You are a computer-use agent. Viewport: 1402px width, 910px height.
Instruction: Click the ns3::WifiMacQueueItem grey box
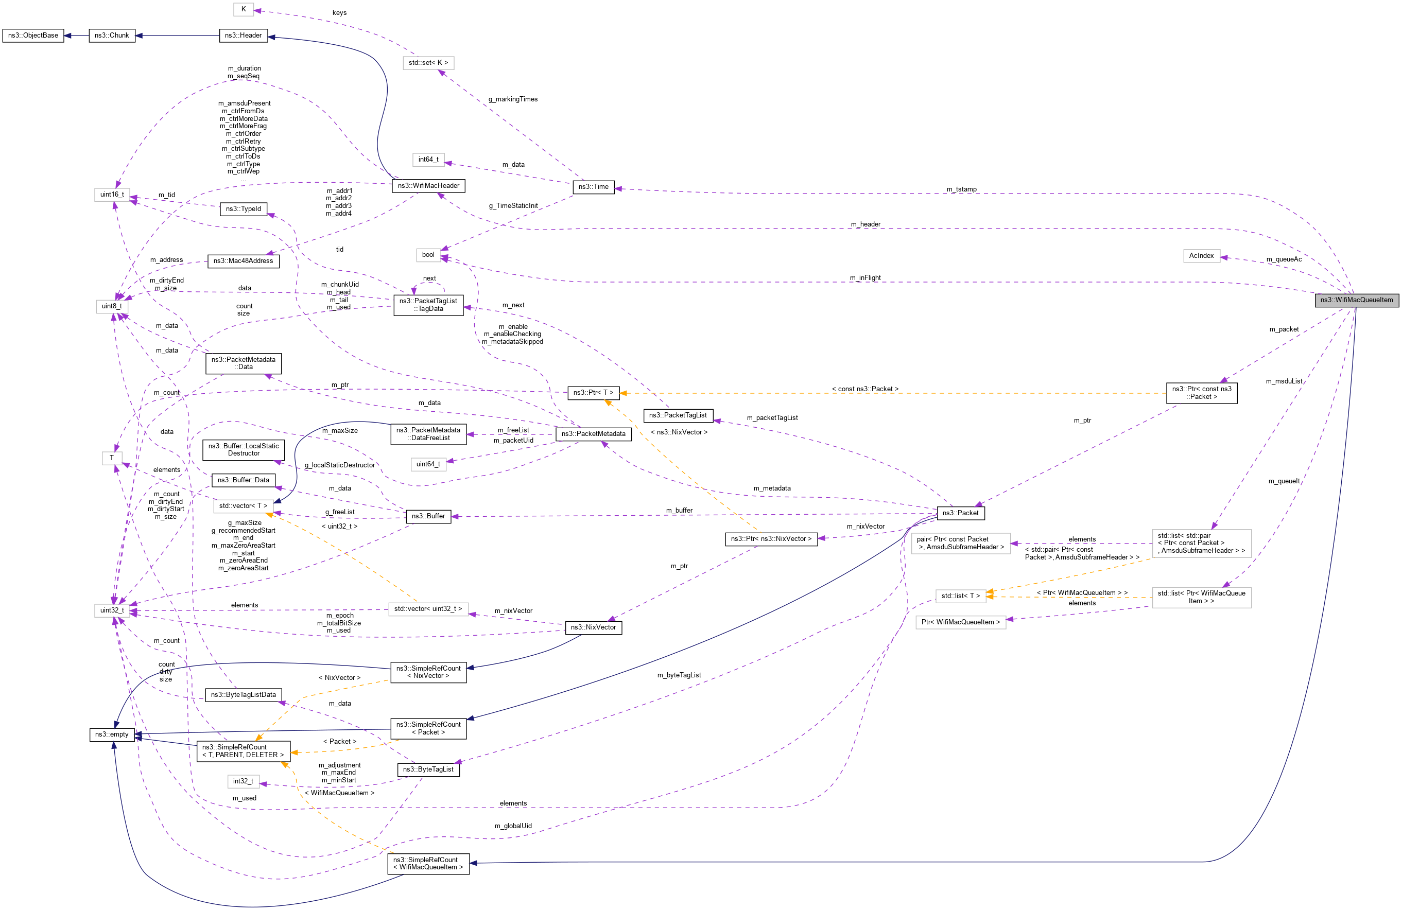pyautogui.click(x=1356, y=300)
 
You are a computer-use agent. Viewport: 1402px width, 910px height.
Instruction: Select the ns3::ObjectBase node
pyautogui.click(x=33, y=36)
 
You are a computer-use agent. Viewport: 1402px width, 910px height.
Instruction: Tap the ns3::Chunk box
pyautogui.click(x=111, y=36)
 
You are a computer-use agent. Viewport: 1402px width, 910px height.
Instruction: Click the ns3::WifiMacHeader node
pyautogui.click(x=428, y=185)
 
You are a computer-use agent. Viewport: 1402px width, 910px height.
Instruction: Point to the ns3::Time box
pyautogui.click(x=593, y=187)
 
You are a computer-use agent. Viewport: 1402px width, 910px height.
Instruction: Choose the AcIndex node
pyautogui.click(x=1201, y=256)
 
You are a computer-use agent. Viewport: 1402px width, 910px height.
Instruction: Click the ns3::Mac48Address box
pyautogui.click(x=244, y=261)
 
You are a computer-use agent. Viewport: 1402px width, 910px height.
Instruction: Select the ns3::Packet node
pyautogui.click(x=960, y=513)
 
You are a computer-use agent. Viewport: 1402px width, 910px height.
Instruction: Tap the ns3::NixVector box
pyautogui.click(x=593, y=627)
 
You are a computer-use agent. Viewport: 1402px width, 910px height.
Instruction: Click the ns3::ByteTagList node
pyautogui.click(x=428, y=769)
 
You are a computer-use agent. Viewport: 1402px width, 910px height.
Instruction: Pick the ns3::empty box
pyautogui.click(x=111, y=734)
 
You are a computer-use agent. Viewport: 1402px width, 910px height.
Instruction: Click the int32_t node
pyautogui.click(x=243, y=781)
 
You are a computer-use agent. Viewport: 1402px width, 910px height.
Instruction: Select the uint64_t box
pyautogui.click(x=428, y=464)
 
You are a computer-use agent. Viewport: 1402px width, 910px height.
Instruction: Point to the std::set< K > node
pyautogui.click(x=428, y=62)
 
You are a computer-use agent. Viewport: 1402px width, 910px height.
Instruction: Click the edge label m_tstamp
pyautogui.click(x=961, y=189)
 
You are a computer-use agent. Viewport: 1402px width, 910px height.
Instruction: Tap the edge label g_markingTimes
pyautogui.click(x=512, y=99)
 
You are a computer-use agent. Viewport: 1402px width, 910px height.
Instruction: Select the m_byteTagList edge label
pyautogui.click(x=679, y=675)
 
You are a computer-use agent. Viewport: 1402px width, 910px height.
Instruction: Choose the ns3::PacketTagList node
pyautogui.click(x=678, y=415)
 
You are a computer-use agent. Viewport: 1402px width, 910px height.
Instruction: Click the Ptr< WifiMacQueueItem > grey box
pyautogui.click(x=960, y=622)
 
